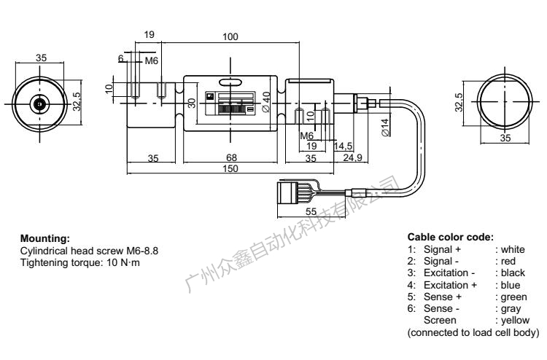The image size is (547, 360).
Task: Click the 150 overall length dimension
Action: pyautogui.click(x=228, y=169)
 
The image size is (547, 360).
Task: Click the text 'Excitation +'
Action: pyautogui.click(x=449, y=285)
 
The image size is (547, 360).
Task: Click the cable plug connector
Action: pyautogui.click(x=289, y=194)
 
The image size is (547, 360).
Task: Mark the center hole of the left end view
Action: pyautogui.click(x=39, y=104)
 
